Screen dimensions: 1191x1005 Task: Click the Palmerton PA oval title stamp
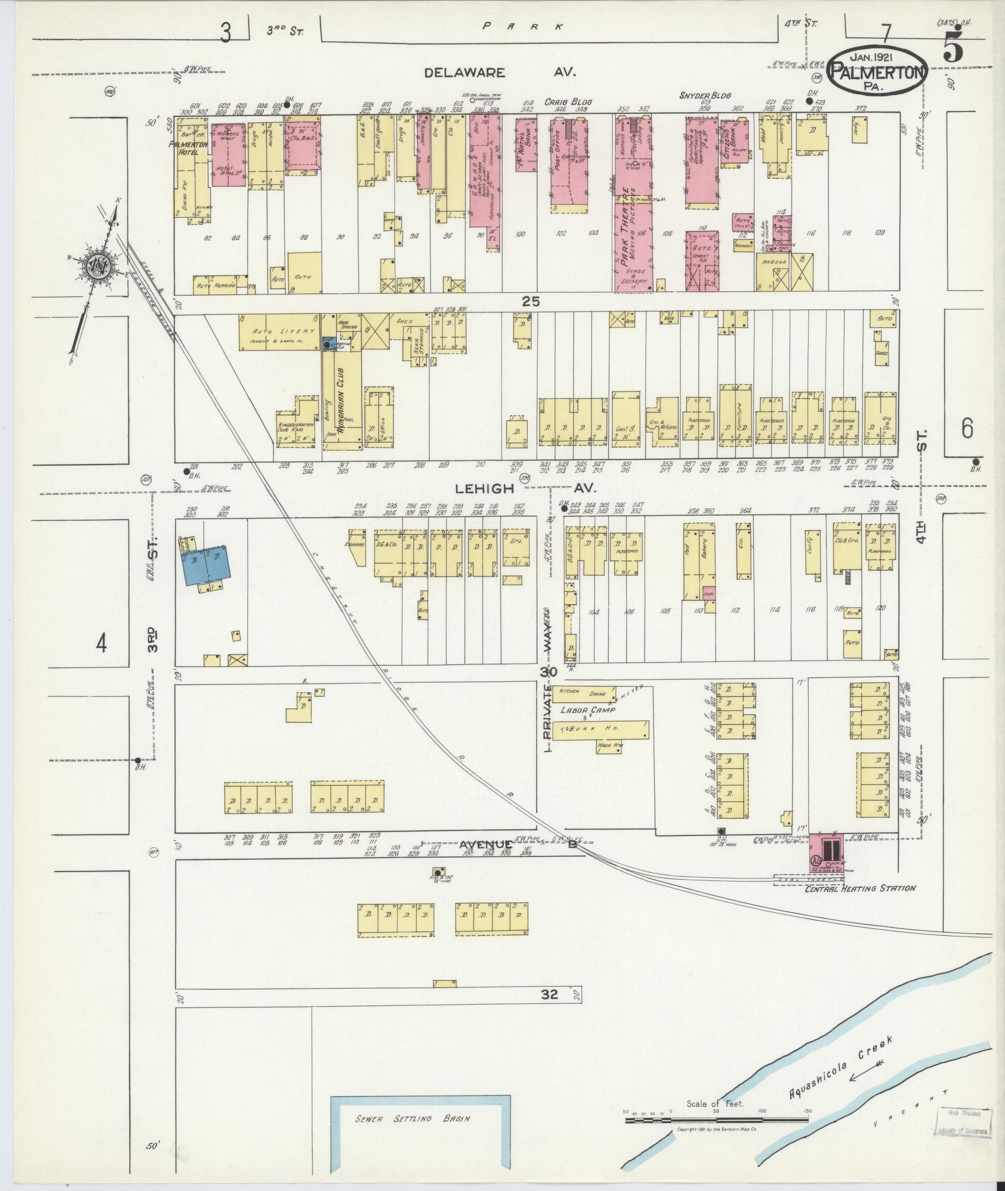coord(878,69)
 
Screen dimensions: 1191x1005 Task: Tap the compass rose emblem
coord(98,266)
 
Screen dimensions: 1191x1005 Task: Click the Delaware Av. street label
coord(500,73)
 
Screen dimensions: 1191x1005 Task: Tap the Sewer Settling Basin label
coord(412,1118)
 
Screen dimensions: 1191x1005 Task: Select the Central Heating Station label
coord(860,888)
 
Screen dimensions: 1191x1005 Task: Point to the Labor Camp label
coord(588,710)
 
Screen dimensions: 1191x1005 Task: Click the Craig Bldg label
coord(568,101)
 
